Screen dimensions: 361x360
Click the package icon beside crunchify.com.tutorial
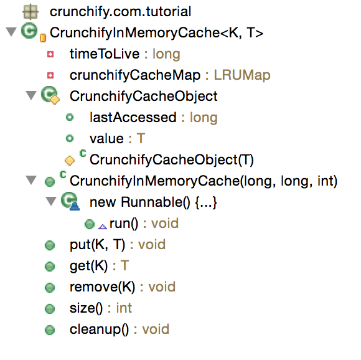30,11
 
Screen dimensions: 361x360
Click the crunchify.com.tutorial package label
120,11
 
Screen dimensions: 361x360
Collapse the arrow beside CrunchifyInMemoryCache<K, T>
11,32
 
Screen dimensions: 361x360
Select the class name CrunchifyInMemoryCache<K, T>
157,32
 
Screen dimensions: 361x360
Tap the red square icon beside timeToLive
50,54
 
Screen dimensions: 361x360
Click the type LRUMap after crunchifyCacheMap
242,75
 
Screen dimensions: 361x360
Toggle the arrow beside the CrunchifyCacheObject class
31,95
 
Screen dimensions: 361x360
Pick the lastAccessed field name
133,117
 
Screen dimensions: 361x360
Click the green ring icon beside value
70,138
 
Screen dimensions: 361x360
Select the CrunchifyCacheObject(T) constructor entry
172,159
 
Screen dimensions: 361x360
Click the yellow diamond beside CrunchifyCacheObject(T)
70,160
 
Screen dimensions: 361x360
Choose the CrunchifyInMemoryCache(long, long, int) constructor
204,181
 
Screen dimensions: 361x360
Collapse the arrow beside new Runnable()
51,201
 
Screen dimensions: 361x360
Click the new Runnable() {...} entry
153,202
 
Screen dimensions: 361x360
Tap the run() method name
124,224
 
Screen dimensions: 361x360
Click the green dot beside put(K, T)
50,245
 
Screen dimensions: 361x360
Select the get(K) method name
88,265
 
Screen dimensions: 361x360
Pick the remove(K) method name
103,287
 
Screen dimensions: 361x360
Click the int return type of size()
124,308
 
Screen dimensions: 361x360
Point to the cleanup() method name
100,329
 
